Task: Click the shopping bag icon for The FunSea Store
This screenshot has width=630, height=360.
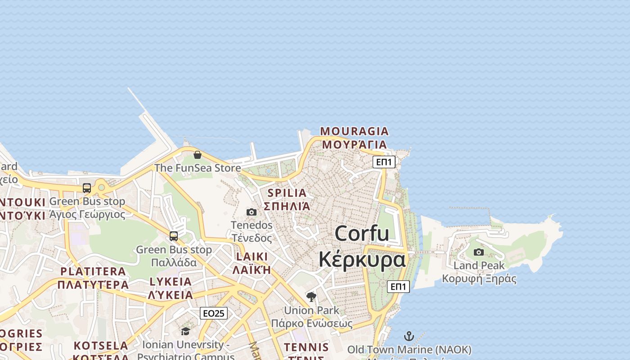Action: pyautogui.click(x=197, y=155)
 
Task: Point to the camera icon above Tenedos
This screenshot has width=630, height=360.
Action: pyautogui.click(x=252, y=212)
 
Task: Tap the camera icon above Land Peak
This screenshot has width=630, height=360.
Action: pyautogui.click(x=479, y=252)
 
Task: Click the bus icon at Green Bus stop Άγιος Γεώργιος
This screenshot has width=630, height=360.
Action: pyautogui.click(x=87, y=188)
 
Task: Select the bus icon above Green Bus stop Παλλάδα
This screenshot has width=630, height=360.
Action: pyautogui.click(x=174, y=236)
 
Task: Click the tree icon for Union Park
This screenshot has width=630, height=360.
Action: pyautogui.click(x=311, y=297)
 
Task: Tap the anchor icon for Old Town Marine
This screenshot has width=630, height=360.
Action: pyautogui.click(x=409, y=336)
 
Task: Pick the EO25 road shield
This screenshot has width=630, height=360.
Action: pyautogui.click(x=214, y=313)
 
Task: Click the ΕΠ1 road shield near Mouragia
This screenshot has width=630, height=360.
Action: pyautogui.click(x=384, y=162)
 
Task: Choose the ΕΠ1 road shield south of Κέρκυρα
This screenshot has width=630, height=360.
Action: pyautogui.click(x=398, y=287)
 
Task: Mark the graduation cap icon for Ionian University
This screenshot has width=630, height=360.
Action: pyautogui.click(x=185, y=332)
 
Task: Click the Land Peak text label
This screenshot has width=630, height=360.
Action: pyautogui.click(x=479, y=265)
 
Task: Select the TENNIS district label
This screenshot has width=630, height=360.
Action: pyautogui.click(x=306, y=347)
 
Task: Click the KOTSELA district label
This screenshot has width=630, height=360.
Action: pyautogui.click(x=101, y=346)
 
